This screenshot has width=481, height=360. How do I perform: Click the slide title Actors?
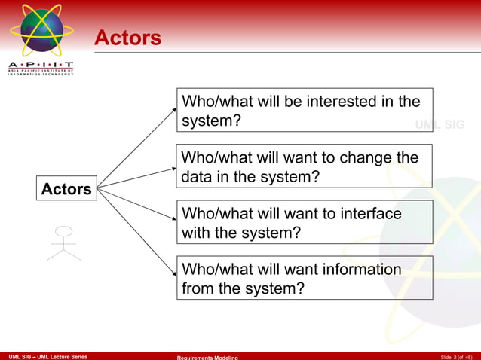(x=127, y=38)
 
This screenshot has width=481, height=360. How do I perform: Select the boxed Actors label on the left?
(x=66, y=189)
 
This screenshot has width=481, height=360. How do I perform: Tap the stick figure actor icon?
(x=64, y=243)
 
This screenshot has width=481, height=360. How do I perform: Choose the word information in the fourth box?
(x=362, y=270)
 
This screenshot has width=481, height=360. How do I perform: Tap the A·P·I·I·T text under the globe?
(x=41, y=66)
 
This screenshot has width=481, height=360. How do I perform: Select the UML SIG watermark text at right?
(x=440, y=124)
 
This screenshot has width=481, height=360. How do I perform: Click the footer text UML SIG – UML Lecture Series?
(x=47, y=356)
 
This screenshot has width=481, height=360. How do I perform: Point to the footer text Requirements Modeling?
(x=207, y=357)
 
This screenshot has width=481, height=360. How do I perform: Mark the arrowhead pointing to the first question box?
(x=173, y=110)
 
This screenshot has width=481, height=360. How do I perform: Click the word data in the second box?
(x=195, y=178)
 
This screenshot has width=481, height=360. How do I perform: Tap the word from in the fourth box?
(x=198, y=288)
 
